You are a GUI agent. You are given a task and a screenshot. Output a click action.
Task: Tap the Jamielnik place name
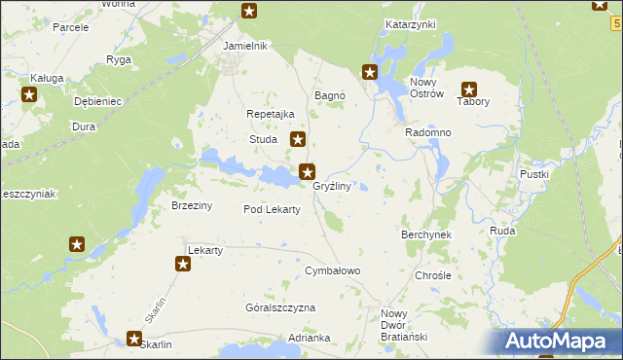tap(245, 46)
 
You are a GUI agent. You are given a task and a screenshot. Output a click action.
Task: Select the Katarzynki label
tap(410, 24)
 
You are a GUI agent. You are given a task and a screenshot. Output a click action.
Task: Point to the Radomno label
tap(426, 132)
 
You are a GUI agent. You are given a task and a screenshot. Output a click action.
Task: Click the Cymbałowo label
tap(333, 270)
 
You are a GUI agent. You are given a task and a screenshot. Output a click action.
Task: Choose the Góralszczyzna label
tap(280, 307)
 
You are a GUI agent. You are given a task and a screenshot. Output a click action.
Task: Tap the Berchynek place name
tap(426, 235)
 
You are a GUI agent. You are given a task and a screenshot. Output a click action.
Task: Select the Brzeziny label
tap(192, 205)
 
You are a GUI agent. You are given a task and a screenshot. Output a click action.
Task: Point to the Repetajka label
tap(271, 114)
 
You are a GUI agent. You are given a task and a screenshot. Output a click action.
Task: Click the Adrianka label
tap(310, 339)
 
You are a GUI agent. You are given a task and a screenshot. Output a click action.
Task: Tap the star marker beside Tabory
tap(468, 89)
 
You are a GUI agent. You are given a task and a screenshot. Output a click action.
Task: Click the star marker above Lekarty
tap(182, 264)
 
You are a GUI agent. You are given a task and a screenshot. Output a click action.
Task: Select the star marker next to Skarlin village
tap(134, 339)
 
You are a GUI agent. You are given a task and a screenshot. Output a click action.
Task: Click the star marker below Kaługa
tap(28, 94)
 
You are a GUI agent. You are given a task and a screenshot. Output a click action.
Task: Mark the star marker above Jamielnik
tap(249, 12)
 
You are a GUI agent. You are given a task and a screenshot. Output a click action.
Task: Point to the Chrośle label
tap(433, 275)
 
